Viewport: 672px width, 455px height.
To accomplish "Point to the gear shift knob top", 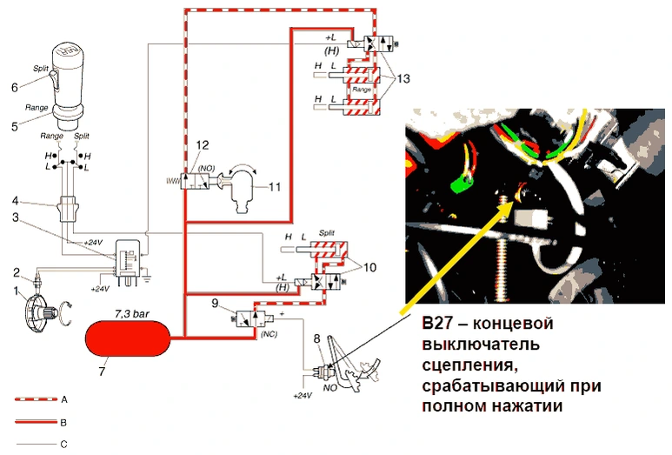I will [70, 61].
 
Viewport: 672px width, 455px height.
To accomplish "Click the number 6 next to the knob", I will [14, 87].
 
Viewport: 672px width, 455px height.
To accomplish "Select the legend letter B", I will [65, 421].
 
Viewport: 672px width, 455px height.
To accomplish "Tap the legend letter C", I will [65, 445].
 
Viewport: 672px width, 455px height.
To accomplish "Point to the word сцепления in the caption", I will [462, 364].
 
